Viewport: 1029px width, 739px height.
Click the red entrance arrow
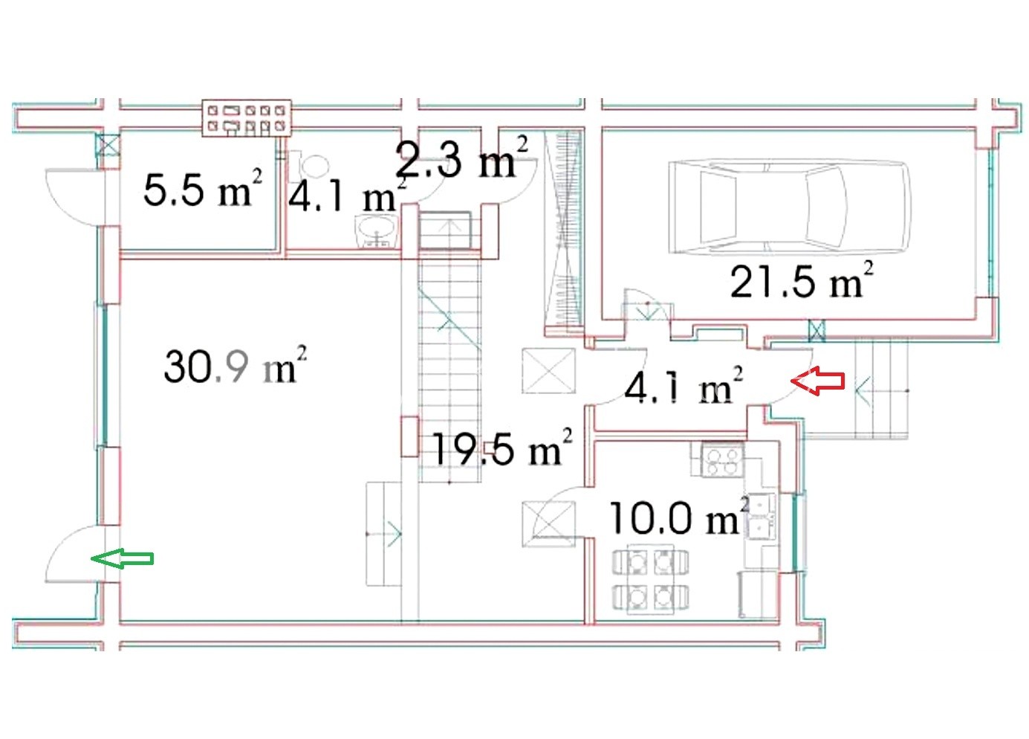(x=817, y=381)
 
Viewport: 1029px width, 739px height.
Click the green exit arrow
(x=122, y=558)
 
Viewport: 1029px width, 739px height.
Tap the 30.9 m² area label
(x=235, y=365)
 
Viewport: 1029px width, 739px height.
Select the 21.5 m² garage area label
(x=801, y=280)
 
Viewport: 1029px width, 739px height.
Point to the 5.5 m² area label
(x=203, y=187)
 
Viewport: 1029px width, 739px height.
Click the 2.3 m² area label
(x=461, y=156)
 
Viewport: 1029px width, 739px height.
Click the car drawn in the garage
(x=790, y=207)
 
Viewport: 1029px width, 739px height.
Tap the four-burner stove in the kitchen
(x=718, y=459)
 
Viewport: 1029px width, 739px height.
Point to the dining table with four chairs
(x=651, y=579)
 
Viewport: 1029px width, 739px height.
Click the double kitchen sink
(x=760, y=516)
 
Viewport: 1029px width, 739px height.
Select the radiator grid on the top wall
(x=247, y=118)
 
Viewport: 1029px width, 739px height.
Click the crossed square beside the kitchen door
(x=548, y=524)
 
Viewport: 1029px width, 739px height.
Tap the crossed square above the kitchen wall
(x=548, y=370)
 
